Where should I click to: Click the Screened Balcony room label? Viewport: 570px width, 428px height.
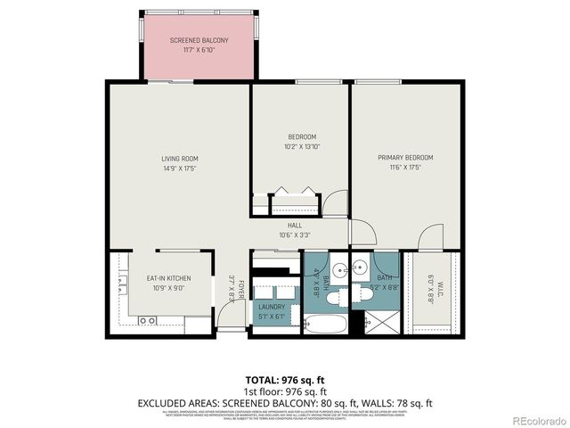(199, 40)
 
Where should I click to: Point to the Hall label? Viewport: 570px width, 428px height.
(294, 226)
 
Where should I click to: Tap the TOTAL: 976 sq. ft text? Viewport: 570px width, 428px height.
(285, 379)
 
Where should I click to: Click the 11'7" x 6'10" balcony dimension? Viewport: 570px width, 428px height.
(199, 50)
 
